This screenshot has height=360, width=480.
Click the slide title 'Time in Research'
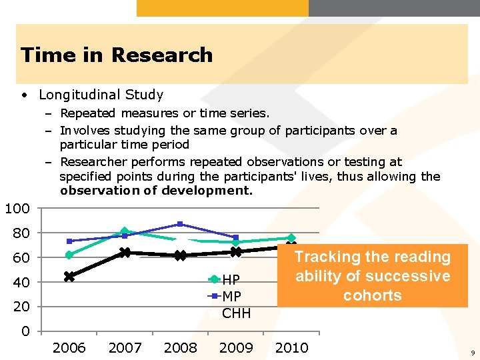tap(117, 55)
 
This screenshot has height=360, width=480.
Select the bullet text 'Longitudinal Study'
tap(101, 95)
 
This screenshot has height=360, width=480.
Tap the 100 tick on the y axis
tap(17, 209)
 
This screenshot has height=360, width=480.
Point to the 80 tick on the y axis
tap(21, 233)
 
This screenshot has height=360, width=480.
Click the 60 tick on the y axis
tap(21, 258)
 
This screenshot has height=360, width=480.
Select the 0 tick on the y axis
tap(25, 331)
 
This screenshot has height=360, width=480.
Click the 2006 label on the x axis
tap(69, 347)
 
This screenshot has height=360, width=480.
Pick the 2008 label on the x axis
tap(180, 347)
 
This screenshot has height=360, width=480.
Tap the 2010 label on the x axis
tap(291, 347)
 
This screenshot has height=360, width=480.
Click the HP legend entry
tap(231, 279)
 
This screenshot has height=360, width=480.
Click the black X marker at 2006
tap(69, 277)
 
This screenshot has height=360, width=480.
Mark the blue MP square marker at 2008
tap(180, 224)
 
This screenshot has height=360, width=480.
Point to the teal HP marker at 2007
tap(125, 231)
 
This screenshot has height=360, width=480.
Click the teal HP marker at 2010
tap(291, 238)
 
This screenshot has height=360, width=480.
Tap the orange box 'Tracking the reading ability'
tap(373, 276)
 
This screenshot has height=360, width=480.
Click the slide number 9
tap(472, 352)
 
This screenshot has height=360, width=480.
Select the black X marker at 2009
tap(236, 251)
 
